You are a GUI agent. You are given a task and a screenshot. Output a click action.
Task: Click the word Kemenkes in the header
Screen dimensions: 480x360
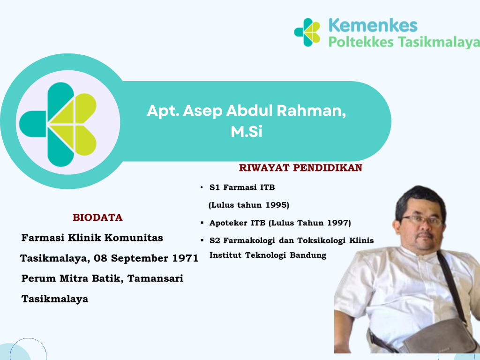coord(373,25)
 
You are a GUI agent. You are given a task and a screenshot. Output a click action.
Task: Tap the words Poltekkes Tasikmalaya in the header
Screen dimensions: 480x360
coord(404,42)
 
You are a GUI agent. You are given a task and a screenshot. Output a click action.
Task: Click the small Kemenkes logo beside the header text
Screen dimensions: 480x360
coord(307,32)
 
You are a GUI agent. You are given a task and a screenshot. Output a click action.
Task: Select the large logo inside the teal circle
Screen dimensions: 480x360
coord(58,124)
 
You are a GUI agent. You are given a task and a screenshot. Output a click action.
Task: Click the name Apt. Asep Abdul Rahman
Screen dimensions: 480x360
coord(247,111)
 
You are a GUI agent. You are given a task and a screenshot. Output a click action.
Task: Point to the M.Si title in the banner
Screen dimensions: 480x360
coord(247,132)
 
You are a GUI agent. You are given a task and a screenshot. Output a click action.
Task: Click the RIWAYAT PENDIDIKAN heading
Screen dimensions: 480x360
coord(300,168)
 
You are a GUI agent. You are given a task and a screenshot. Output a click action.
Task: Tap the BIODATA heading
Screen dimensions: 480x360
coord(97,217)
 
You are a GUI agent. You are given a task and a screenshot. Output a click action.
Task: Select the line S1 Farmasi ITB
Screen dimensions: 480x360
coord(242,187)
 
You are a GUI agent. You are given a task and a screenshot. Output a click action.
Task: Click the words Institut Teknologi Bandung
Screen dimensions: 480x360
coord(268,255)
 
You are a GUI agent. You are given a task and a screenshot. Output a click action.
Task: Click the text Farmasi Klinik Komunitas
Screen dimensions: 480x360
coord(92,238)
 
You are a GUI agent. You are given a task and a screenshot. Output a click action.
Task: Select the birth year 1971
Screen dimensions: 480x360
coord(185,258)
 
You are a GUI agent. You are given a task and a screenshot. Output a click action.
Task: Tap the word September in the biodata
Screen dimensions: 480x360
coord(140,258)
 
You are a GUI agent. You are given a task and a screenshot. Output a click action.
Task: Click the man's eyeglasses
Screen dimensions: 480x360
coord(422,220)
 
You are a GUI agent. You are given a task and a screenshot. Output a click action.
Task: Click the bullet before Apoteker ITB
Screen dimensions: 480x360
coord(202,223)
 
